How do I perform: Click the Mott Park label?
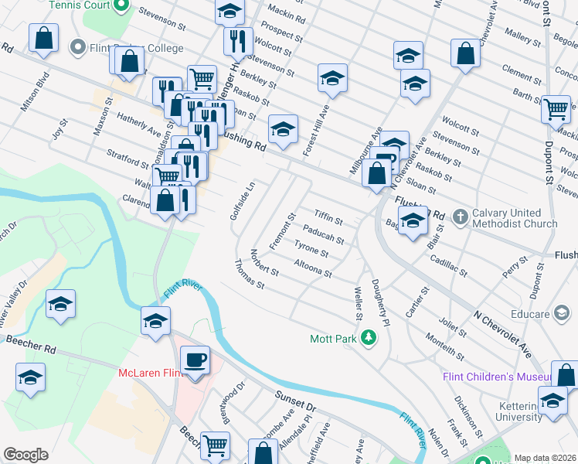pos(332,339)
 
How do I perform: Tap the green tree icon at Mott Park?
pos(369,337)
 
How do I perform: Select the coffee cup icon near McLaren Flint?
pos(194,360)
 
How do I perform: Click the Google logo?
pos(25,455)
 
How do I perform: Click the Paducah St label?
pos(323,233)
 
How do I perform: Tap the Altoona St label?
pos(313,269)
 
